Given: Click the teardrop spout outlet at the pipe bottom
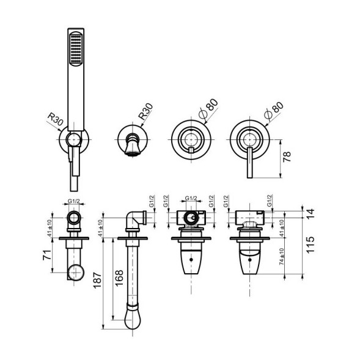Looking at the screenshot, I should (x=133, y=315).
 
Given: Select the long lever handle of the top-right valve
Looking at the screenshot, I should (x=249, y=166).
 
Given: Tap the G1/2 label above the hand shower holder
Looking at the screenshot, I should (x=74, y=201).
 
